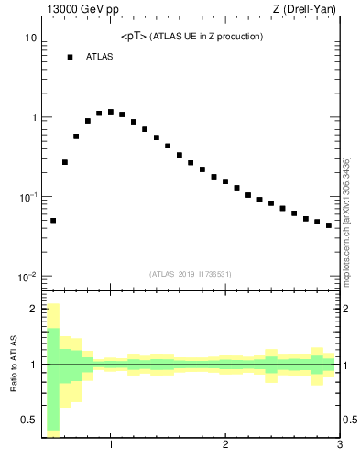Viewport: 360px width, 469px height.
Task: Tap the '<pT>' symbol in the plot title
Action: (x=133, y=37)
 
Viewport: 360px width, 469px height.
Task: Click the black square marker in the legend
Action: (x=70, y=57)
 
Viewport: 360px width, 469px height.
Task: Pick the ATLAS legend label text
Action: (x=100, y=57)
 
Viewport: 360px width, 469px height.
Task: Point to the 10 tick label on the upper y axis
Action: (x=30, y=38)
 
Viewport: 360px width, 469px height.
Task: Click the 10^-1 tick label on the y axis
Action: (x=27, y=197)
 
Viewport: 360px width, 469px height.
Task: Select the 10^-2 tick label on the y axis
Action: (x=27, y=277)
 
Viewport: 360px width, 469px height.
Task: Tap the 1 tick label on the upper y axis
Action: (x=33, y=118)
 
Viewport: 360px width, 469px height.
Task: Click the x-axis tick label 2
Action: (x=225, y=445)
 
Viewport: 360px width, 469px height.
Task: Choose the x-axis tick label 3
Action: (x=339, y=445)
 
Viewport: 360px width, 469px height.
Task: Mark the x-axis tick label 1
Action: (x=111, y=445)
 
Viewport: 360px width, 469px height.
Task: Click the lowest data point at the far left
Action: (x=53, y=220)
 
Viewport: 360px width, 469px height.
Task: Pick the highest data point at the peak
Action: (x=111, y=112)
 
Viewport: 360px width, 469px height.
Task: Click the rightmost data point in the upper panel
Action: (x=329, y=224)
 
